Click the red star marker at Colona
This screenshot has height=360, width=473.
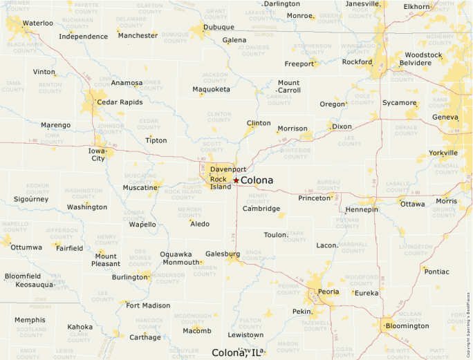click(236, 180)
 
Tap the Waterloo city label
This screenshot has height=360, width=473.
click(37, 23)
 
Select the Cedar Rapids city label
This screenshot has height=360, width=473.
click(120, 102)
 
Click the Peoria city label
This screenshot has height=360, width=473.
click(328, 292)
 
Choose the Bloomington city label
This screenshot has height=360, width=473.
click(407, 325)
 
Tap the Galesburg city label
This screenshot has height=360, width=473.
click(223, 254)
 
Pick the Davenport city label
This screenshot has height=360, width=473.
click(228, 169)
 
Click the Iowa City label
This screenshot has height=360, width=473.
click(98, 154)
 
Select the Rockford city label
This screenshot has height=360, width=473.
click(357, 61)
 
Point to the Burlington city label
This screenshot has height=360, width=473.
click(130, 277)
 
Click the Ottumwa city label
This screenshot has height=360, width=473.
click(26, 247)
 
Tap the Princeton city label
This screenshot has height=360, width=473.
click(315, 198)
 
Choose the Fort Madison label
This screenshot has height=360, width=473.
click(147, 305)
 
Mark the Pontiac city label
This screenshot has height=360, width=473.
click(436, 272)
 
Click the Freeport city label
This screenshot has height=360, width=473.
click(299, 64)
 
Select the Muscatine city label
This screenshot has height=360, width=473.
click(140, 187)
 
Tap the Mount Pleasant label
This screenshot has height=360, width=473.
click(106, 260)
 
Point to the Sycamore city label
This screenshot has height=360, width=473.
click(400, 103)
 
